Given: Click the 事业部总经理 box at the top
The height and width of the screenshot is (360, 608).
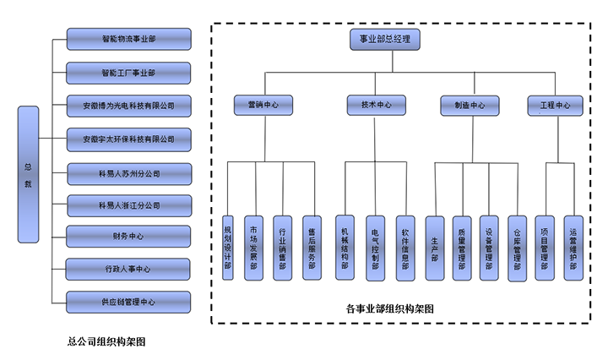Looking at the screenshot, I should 384,39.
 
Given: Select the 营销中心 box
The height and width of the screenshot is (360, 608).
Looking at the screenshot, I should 263,106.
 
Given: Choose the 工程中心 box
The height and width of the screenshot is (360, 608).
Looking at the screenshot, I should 555,106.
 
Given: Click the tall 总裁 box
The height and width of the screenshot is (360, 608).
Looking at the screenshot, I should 28,174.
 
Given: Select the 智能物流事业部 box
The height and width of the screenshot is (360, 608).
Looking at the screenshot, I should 128,39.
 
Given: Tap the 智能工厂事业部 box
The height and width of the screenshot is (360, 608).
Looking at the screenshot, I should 128,73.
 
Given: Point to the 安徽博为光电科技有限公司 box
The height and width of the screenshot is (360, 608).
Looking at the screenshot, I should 128,106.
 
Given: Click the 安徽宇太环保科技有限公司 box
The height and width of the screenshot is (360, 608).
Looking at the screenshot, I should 128,138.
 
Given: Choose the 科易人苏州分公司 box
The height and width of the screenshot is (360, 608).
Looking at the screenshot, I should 128,173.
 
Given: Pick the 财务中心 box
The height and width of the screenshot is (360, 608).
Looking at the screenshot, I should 128,236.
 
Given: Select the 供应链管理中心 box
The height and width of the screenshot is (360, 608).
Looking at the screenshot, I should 128,301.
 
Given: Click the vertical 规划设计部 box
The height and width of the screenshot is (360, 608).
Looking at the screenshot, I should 227,248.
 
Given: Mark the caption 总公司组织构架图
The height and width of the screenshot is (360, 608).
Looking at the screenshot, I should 107,341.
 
